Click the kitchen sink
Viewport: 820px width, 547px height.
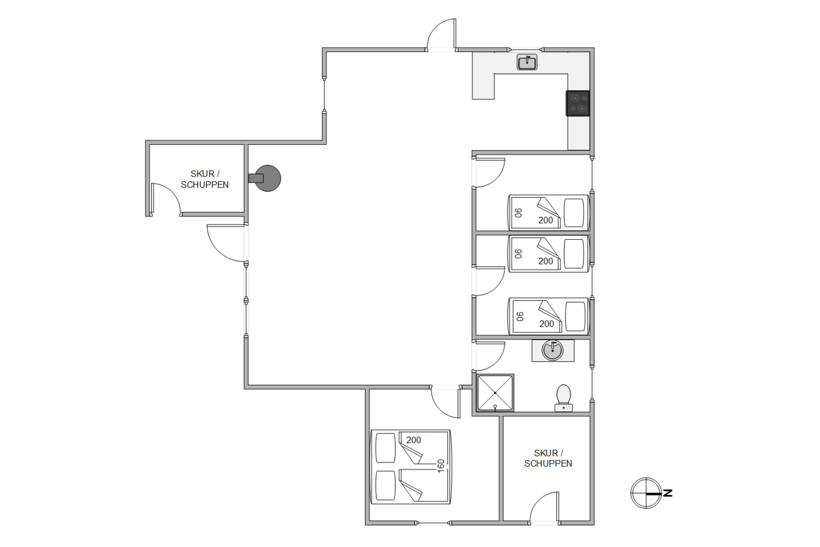pos(526,62)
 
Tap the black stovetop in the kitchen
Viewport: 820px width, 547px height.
pos(578,103)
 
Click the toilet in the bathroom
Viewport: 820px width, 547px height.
pos(563,398)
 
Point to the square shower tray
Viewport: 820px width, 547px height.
pos(495,393)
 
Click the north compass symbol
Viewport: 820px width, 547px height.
pos(646,493)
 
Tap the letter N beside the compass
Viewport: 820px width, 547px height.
pos(668,493)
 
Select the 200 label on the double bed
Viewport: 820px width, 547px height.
pos(414,440)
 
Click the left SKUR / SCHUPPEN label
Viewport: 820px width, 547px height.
pos(205,179)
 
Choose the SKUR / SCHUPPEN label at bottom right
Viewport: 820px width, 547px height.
pos(548,458)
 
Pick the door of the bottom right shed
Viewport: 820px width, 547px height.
pos(544,507)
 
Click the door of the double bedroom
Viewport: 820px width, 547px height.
pos(446,403)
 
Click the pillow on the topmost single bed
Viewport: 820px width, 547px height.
pos(573,213)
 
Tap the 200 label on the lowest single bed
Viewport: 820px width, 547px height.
pos(546,324)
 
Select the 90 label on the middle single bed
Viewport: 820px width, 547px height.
pos(519,254)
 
